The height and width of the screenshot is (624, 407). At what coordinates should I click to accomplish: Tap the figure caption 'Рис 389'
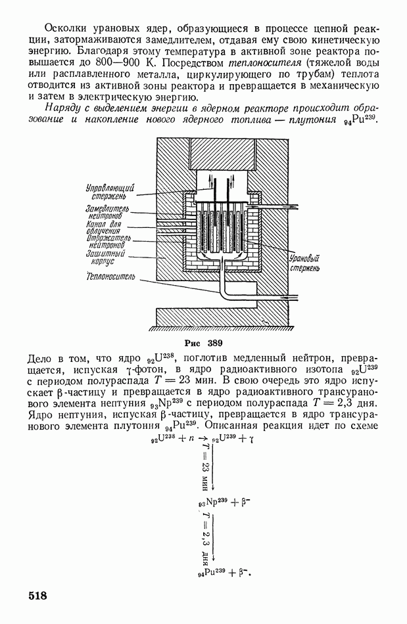(204, 343)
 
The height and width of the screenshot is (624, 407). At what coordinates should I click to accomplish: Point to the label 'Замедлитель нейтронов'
(108, 211)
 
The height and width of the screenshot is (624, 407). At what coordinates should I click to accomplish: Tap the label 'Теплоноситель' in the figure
(110, 277)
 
